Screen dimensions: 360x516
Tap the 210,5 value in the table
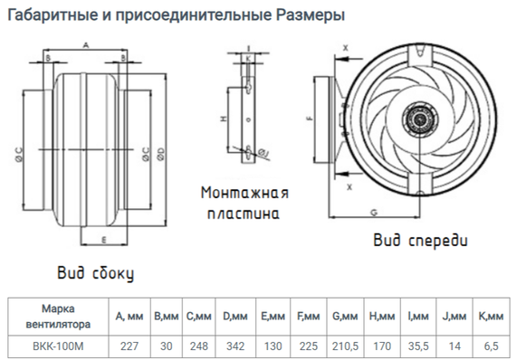point(345,346)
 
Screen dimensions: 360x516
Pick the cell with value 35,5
point(418,346)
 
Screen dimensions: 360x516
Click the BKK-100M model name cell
point(56,346)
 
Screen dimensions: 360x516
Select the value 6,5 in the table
point(490,346)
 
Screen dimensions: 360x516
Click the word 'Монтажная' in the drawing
point(245,194)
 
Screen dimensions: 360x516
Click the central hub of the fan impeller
point(420,118)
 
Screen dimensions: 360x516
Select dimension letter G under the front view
point(373,211)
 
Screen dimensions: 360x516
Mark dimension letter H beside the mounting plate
point(223,118)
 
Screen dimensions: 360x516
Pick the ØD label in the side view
point(159,151)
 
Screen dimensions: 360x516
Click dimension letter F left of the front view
point(310,118)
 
